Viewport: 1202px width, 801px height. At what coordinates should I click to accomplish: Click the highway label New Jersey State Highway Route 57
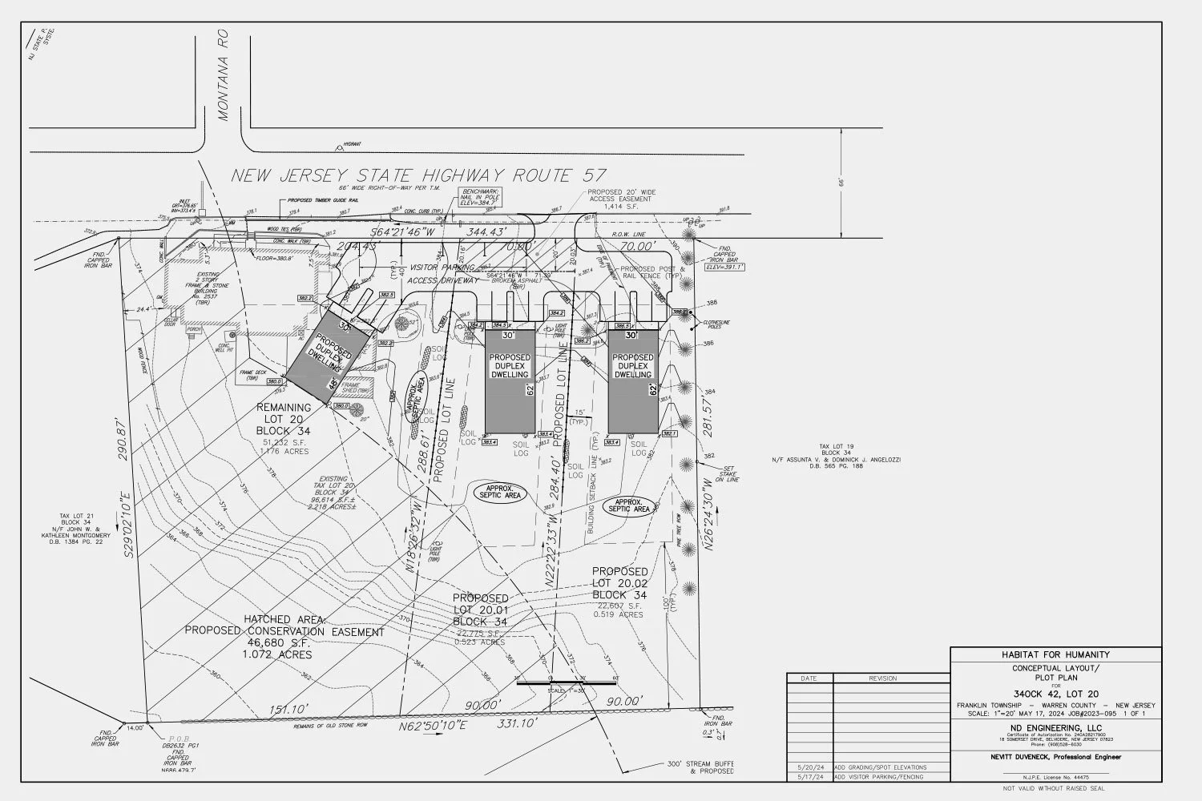point(418,175)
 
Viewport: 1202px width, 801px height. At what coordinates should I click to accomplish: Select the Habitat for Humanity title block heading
point(1055,654)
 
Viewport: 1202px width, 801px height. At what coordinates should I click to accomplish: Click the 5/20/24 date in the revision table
point(809,767)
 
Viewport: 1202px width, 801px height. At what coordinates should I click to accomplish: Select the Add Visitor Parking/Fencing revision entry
point(879,777)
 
